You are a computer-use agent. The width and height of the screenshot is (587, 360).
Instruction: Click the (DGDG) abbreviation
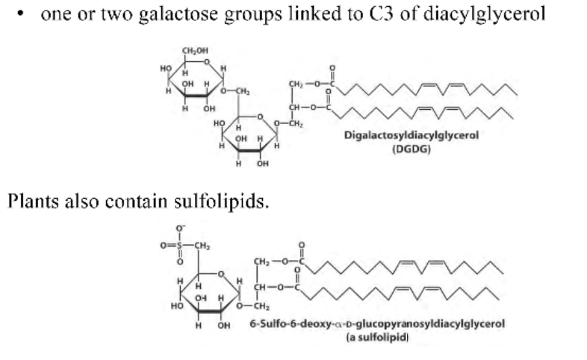click(x=411, y=148)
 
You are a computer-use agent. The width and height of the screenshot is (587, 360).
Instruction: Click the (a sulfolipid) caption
click(x=377, y=338)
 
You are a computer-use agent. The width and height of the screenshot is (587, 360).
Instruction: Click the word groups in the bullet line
click(x=237, y=16)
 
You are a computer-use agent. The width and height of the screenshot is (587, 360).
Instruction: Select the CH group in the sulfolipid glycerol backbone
click(x=261, y=287)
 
